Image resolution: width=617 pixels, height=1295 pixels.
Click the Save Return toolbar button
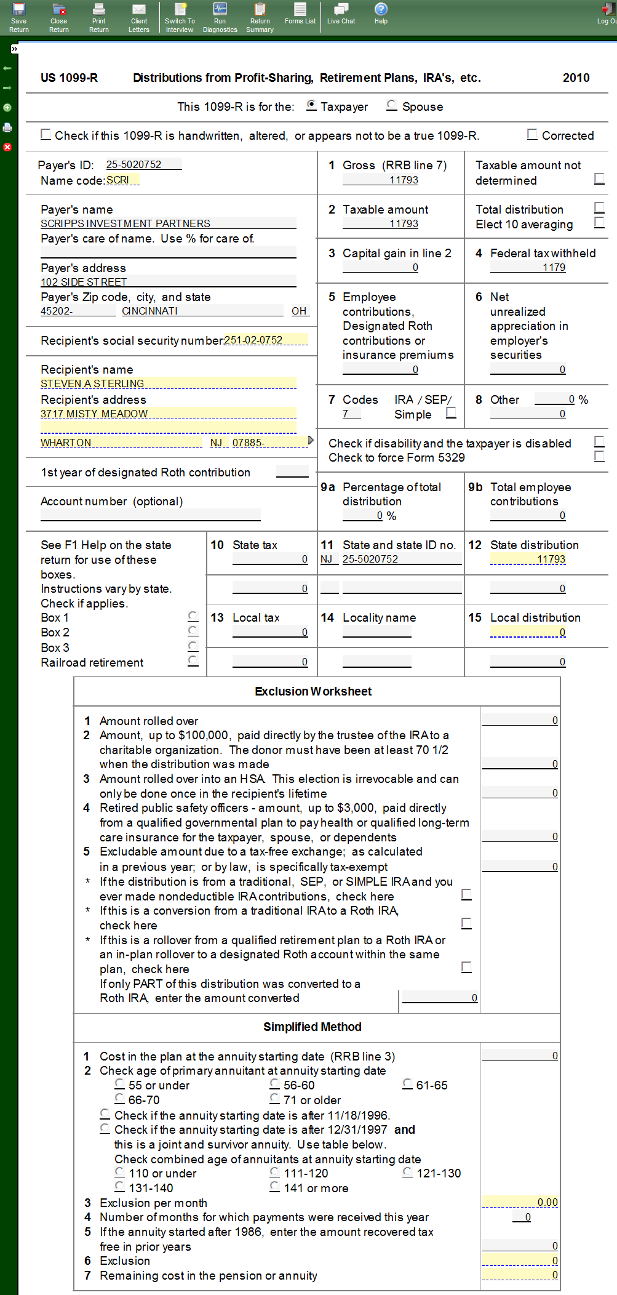point(19,17)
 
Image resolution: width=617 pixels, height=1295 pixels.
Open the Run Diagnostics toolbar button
point(220,17)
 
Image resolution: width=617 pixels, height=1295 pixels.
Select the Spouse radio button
point(392,106)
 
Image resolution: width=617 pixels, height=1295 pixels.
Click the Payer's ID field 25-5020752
point(143,164)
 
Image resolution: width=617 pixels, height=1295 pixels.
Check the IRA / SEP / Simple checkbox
point(452,413)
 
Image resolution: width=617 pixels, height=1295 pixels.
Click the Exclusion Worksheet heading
point(313,691)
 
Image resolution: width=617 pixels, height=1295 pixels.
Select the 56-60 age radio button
point(275,1084)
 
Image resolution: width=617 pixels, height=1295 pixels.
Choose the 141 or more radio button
point(275,1187)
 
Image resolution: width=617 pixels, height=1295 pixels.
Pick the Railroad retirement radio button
point(193,661)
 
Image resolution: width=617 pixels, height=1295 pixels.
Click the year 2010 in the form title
point(576,78)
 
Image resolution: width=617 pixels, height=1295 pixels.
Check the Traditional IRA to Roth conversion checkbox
point(467,923)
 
